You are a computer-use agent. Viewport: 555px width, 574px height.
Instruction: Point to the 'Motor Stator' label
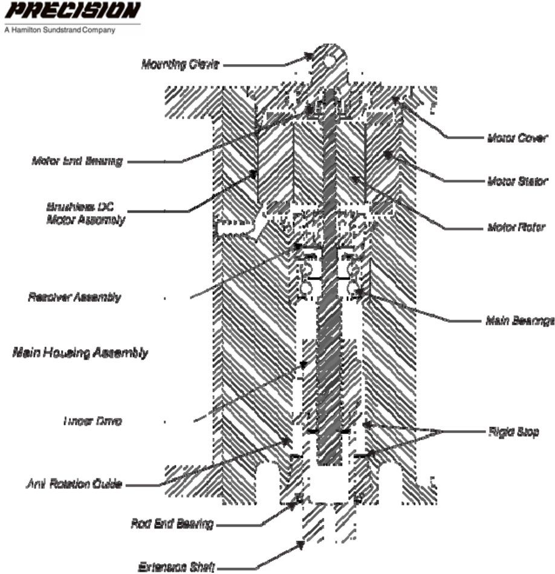click(x=516, y=181)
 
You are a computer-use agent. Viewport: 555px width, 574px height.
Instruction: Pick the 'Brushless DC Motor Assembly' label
click(x=86, y=214)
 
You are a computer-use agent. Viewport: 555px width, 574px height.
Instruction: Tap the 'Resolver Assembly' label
click(x=74, y=297)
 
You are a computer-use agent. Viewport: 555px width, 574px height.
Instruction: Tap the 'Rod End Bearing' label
click(x=173, y=524)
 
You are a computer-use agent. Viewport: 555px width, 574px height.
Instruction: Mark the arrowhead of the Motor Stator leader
click(x=386, y=157)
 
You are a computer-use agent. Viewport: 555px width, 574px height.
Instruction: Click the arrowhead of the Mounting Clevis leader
click(x=310, y=56)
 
